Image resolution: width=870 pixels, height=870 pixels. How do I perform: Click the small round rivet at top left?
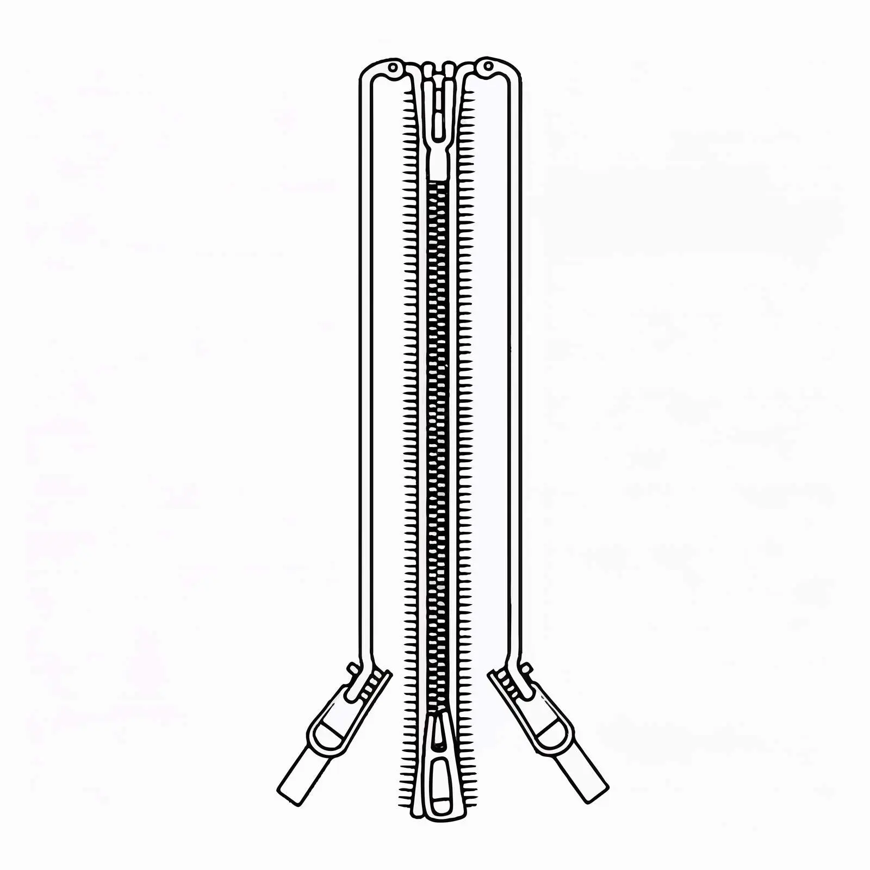coord(393,67)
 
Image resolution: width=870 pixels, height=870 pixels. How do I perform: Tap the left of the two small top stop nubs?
coord(428,70)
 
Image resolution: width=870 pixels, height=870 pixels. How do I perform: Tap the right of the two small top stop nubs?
coord(449,70)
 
